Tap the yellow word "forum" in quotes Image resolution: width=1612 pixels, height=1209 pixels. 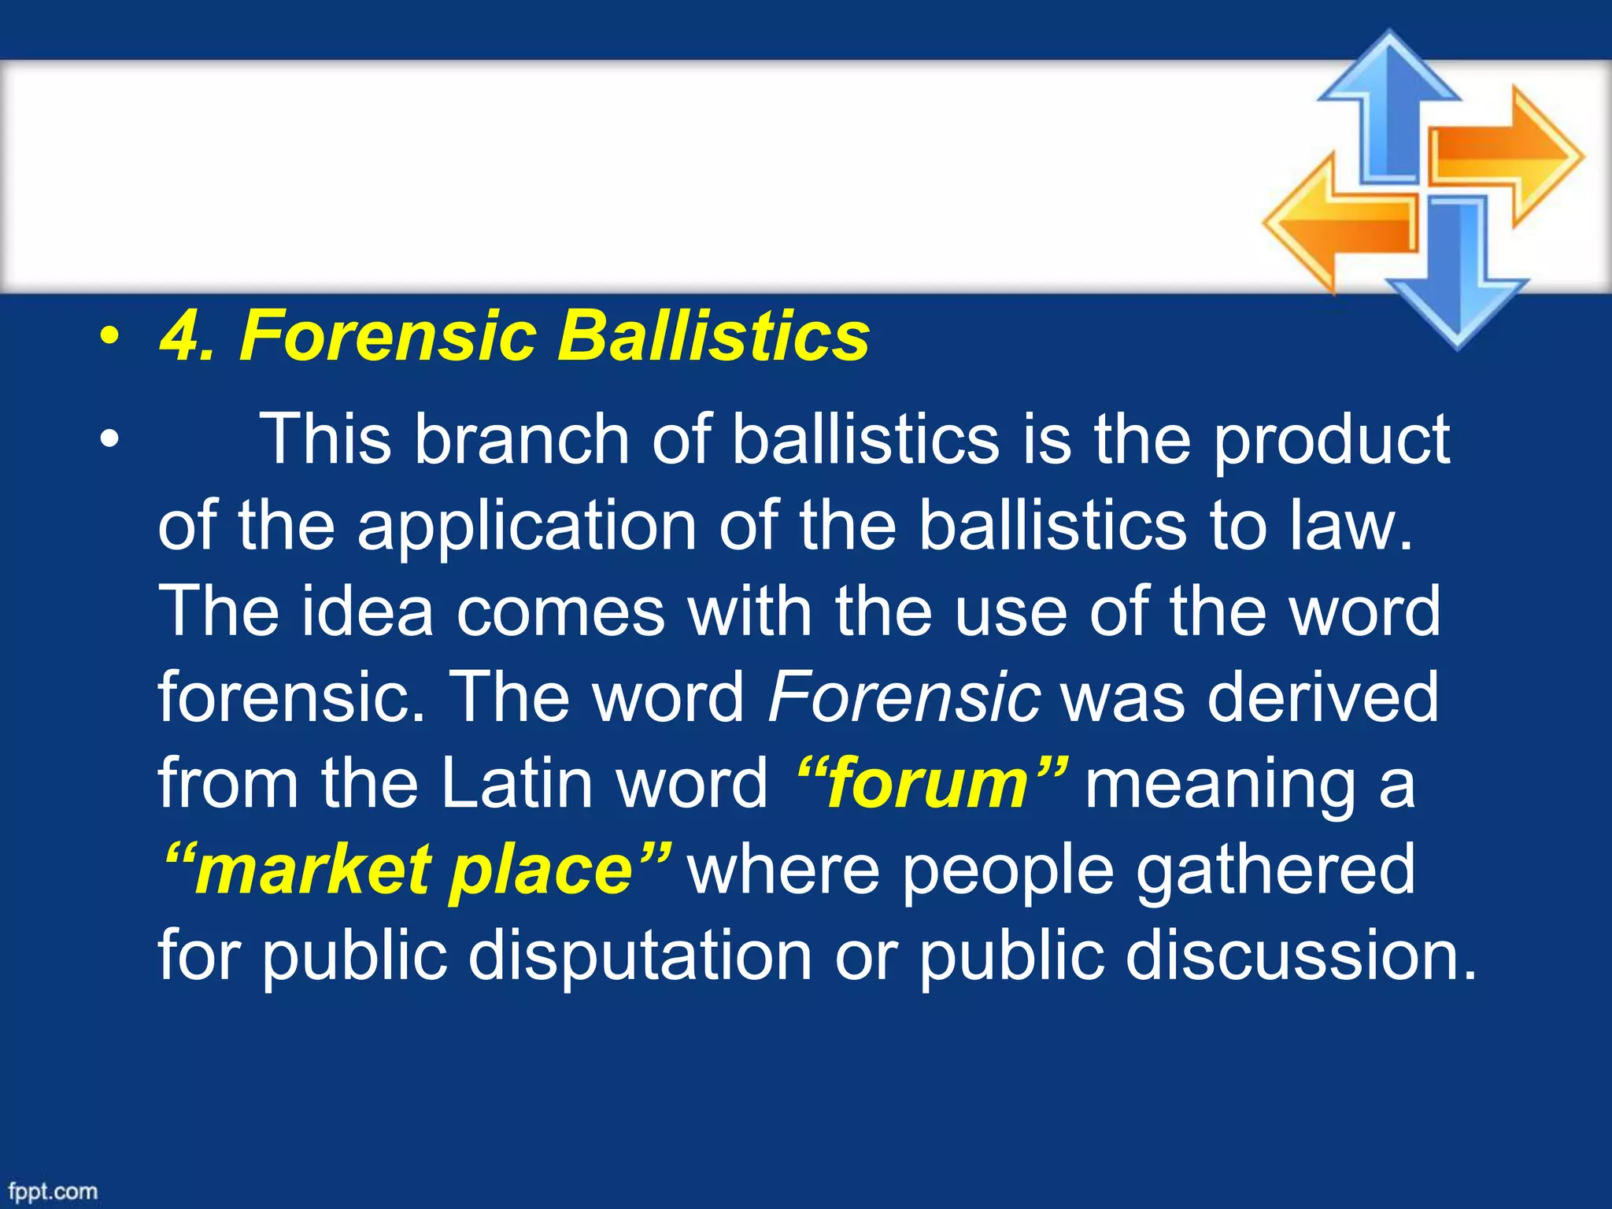929,784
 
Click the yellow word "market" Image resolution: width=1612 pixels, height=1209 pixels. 311,870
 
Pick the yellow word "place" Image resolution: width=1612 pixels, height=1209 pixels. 543,870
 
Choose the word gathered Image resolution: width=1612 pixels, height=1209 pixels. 1275,870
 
